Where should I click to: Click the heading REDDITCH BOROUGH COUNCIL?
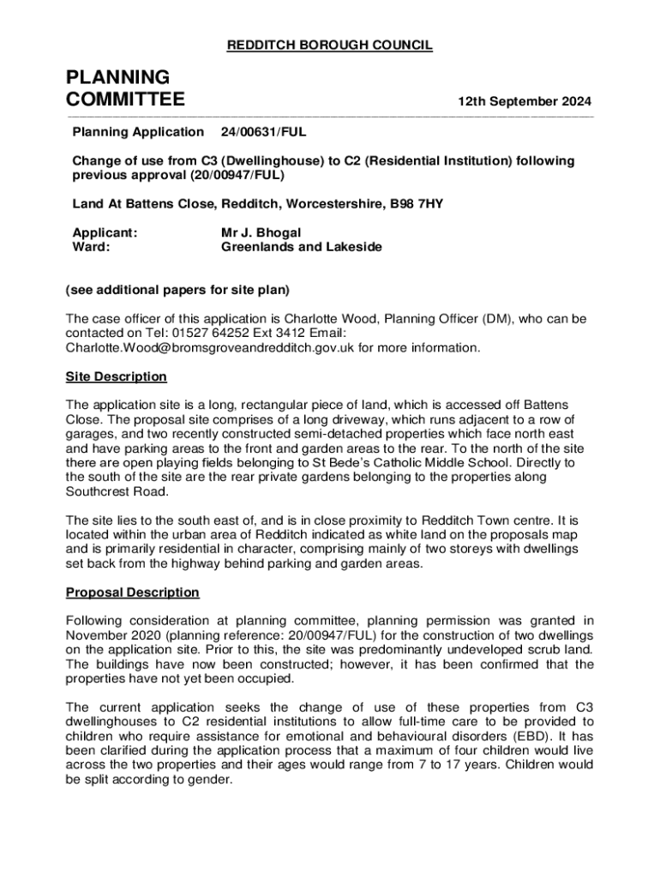click(x=329, y=45)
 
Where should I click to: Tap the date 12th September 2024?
click(x=524, y=101)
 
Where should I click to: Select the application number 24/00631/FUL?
click(x=263, y=132)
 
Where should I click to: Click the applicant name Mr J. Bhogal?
click(x=261, y=232)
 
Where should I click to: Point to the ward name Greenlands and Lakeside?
click(x=302, y=247)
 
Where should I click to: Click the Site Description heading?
click(x=117, y=377)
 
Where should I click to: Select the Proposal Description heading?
click(x=133, y=592)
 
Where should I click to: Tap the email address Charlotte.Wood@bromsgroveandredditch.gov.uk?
click(x=210, y=348)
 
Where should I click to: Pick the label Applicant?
click(x=105, y=232)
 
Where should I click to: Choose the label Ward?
click(x=91, y=247)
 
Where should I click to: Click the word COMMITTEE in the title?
click(x=125, y=100)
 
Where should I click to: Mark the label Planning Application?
click(x=138, y=132)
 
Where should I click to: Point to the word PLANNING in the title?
click(x=117, y=77)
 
